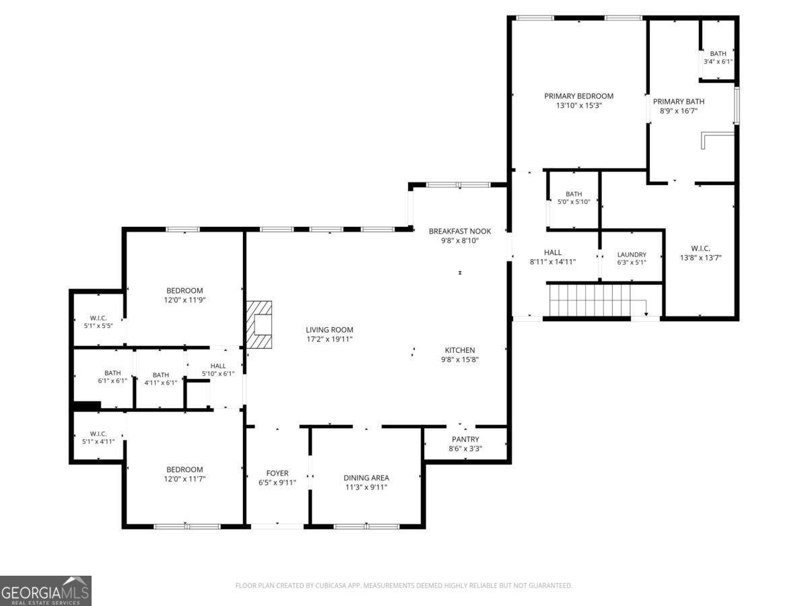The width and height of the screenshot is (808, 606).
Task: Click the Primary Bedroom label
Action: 578,96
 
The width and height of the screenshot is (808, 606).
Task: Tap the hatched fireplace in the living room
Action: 259,324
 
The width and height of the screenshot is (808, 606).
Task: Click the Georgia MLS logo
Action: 46,591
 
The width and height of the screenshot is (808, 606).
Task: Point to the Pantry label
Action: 465,440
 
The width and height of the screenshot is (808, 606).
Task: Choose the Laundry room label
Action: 632,255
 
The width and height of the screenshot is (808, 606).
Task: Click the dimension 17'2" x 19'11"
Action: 329,339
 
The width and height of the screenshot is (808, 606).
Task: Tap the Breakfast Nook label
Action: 460,231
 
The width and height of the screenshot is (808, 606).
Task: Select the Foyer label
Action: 277,473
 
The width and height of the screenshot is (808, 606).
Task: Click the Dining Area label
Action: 366,478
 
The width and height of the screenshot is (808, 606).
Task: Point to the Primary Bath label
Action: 678,102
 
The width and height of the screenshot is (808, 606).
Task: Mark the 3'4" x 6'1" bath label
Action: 718,62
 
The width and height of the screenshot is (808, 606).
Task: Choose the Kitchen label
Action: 460,350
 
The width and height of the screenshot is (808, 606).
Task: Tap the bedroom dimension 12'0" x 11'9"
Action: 184,300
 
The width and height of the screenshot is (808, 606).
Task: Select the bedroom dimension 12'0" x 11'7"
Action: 184,479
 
